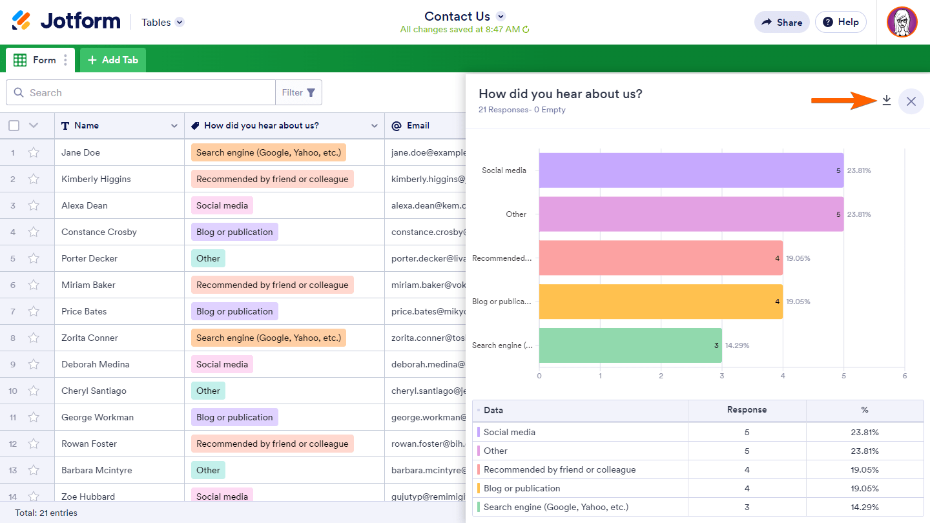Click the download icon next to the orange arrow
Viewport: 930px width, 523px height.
(887, 101)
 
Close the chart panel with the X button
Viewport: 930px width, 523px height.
(911, 101)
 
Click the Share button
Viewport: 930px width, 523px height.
(781, 22)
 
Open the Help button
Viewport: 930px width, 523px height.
(840, 22)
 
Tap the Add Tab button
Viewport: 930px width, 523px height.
(113, 60)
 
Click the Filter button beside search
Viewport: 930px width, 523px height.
(298, 92)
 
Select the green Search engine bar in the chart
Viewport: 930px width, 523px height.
(630, 345)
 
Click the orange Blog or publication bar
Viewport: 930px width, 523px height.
(660, 302)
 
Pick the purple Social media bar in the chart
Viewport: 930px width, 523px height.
(690, 170)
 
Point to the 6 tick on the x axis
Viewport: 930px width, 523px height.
(905, 376)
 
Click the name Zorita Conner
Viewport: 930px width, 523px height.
(90, 338)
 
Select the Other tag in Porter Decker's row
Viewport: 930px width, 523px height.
(208, 258)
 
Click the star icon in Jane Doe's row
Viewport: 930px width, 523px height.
(34, 153)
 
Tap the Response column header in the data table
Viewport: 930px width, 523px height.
(747, 410)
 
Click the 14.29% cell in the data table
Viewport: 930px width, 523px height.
(865, 507)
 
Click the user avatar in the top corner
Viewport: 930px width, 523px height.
(902, 23)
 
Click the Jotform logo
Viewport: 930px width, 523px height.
(66, 21)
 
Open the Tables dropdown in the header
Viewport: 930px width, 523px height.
(163, 22)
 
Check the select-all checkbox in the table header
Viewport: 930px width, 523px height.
(14, 125)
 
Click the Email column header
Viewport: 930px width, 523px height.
(418, 126)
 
